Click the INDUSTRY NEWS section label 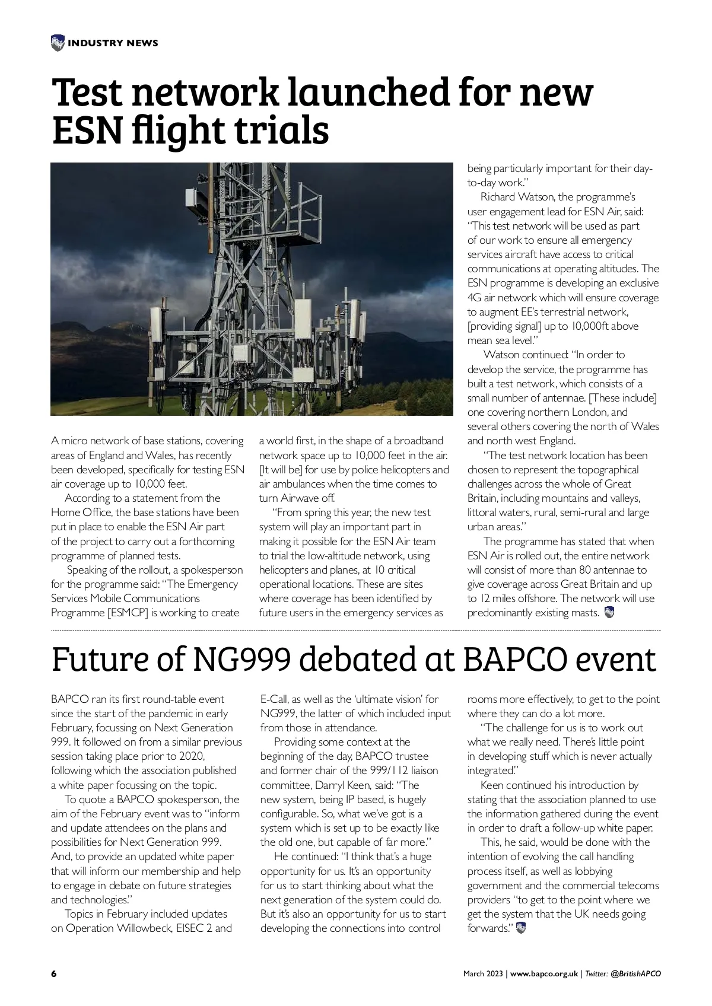click(x=113, y=43)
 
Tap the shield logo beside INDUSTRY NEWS click(x=58, y=43)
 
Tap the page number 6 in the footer click(x=54, y=973)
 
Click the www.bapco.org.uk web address click(x=544, y=973)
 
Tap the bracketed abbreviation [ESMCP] click(x=128, y=613)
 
